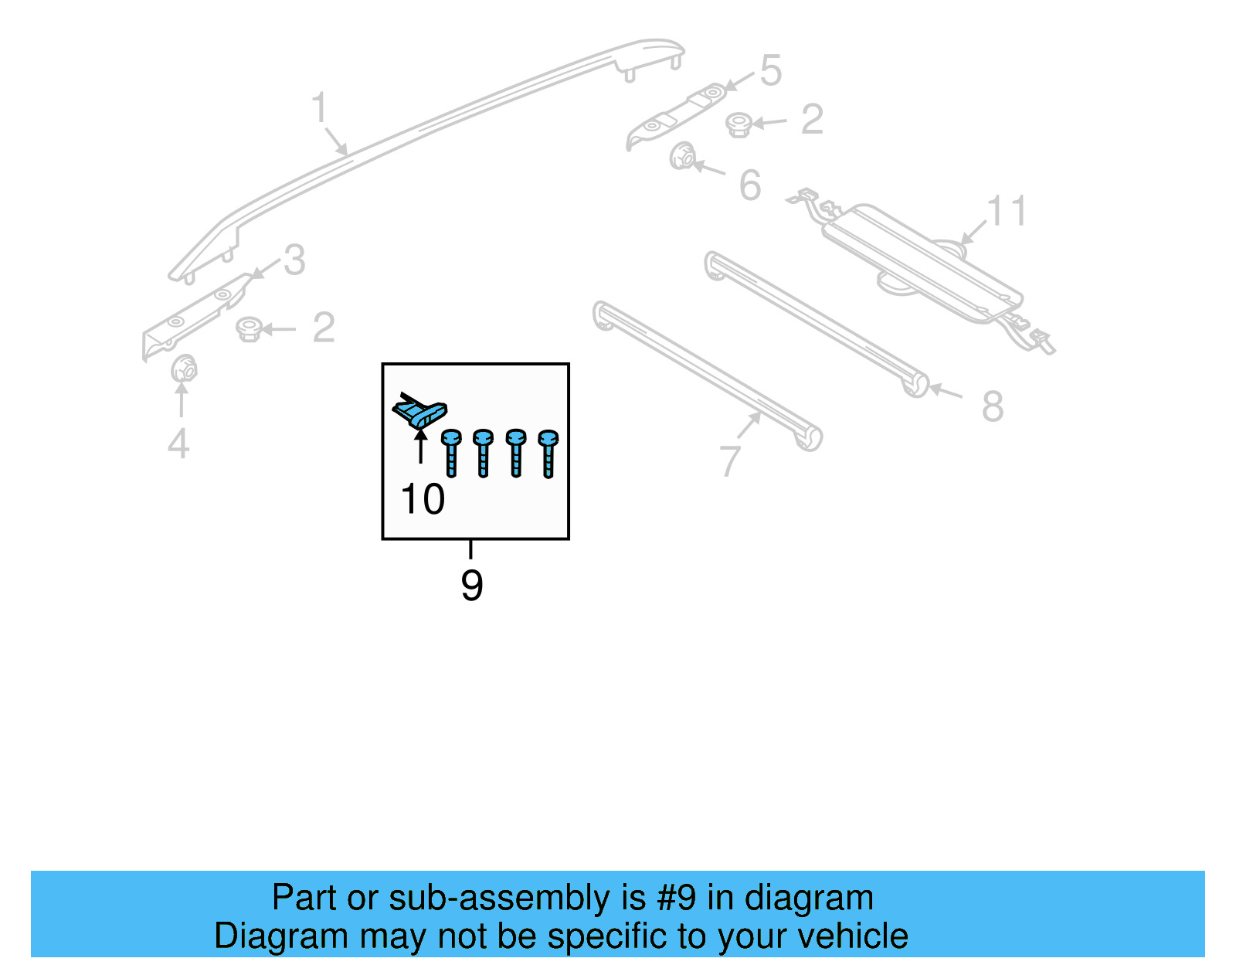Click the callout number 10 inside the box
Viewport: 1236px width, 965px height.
(423, 499)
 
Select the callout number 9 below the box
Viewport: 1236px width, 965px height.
(471, 586)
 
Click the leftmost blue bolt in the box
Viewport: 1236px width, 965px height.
(451, 454)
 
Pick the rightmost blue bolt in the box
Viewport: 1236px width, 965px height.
(548, 454)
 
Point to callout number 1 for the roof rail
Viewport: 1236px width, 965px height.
(319, 108)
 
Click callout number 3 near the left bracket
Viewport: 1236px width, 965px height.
(294, 260)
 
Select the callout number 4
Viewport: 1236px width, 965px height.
(178, 444)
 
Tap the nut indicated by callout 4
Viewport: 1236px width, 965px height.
(184, 369)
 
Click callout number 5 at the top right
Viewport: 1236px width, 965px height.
(771, 71)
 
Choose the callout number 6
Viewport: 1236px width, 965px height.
(750, 186)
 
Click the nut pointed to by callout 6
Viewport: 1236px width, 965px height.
(681, 157)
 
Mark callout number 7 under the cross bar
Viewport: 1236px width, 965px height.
(730, 461)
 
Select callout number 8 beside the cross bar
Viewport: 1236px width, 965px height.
(993, 406)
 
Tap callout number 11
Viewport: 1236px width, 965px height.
(1007, 211)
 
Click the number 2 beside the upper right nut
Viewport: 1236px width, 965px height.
(812, 120)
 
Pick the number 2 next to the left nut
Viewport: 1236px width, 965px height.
(324, 328)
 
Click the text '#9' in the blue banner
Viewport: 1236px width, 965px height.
(676, 899)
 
